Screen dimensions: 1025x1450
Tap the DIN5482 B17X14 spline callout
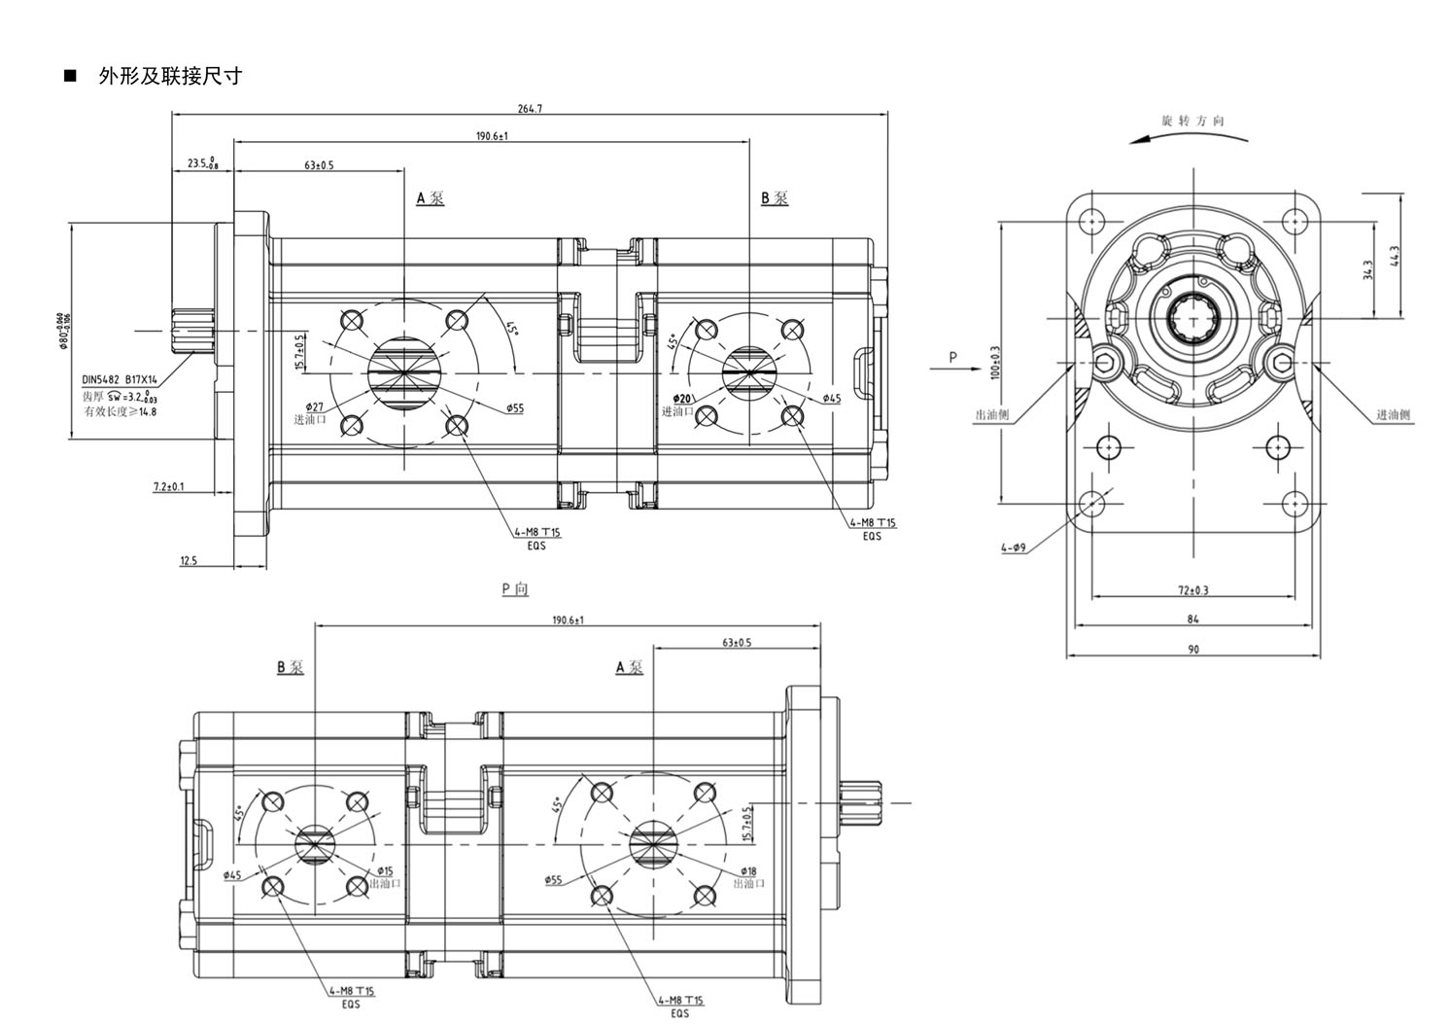pos(120,381)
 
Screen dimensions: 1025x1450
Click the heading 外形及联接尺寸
pos(170,76)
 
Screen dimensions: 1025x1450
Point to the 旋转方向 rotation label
pos(1192,122)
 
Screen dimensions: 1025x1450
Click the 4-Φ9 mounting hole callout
pos(1014,548)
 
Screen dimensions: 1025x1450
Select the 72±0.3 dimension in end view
pos(1192,590)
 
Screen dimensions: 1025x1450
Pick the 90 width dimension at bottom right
pos(1192,649)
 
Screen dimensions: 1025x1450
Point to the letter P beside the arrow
pos(952,357)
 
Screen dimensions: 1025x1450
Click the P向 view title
pos(515,589)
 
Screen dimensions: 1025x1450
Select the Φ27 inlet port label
pos(314,406)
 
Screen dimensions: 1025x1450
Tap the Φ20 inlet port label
pos(682,399)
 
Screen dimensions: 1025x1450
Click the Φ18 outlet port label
pos(748,871)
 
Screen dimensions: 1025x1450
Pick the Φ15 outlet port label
pos(385,871)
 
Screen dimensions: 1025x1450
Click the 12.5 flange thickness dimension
pos(189,561)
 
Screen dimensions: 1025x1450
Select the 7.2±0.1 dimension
pos(169,486)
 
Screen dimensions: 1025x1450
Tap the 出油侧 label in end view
pos(991,415)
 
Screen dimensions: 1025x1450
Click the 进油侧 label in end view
pos(1394,415)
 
